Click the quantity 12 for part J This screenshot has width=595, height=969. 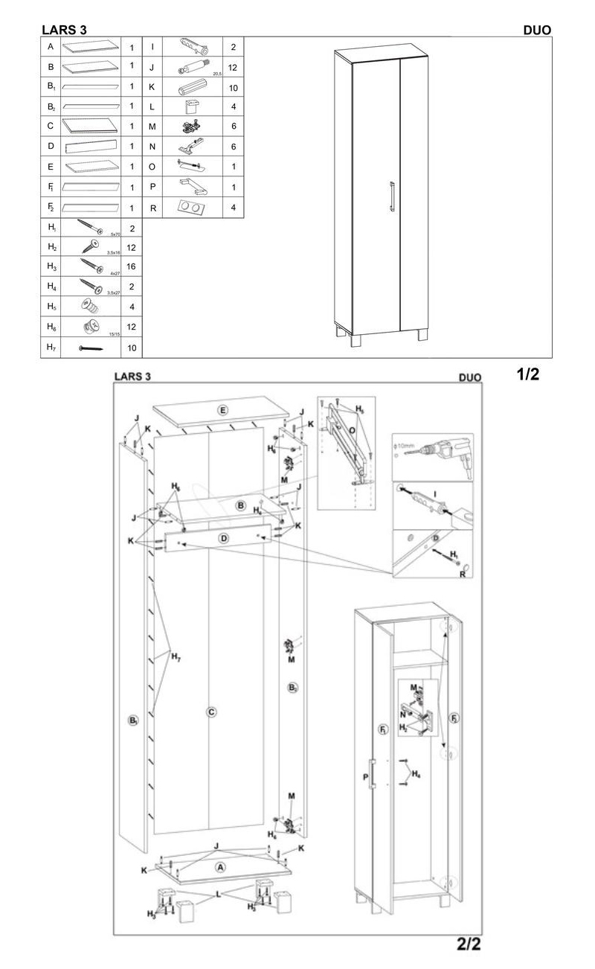click(233, 68)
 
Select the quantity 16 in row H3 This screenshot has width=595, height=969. click(132, 266)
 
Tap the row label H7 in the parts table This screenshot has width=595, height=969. click(51, 347)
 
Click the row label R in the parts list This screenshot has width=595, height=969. click(152, 208)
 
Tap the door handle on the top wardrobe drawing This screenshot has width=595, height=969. click(390, 199)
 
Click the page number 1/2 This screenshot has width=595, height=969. click(528, 374)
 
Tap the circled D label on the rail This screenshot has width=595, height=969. click(223, 538)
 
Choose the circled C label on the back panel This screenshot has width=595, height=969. click(211, 712)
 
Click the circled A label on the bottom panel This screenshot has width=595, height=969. click(220, 867)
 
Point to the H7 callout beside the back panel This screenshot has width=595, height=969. click(176, 657)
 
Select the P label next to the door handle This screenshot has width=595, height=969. click(366, 777)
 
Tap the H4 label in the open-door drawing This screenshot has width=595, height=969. click(416, 775)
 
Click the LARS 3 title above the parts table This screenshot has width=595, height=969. click(65, 30)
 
